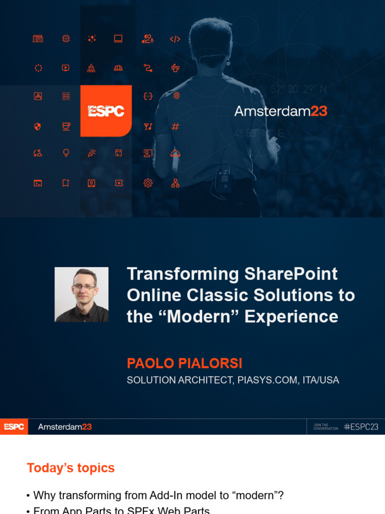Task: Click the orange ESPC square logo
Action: coord(106,111)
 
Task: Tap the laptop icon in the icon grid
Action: coord(118,39)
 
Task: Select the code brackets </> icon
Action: coord(175,39)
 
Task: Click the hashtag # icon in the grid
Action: coord(175,126)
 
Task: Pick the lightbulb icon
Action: coord(66,154)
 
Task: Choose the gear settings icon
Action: coord(148,183)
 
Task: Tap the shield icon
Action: coord(37,126)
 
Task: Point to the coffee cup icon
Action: coord(66,126)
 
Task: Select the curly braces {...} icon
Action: coord(148,96)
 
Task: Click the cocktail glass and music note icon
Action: coord(148,126)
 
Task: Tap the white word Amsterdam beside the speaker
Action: coord(272,111)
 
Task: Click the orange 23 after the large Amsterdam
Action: coord(319,111)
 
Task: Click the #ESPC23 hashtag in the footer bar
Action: coord(361,427)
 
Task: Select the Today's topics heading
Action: coord(71,468)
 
